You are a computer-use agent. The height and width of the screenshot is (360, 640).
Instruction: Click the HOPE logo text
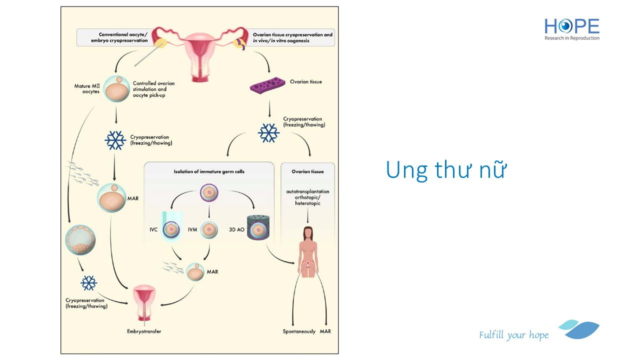click(x=571, y=26)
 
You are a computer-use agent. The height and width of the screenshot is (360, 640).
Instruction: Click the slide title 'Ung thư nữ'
click(x=446, y=170)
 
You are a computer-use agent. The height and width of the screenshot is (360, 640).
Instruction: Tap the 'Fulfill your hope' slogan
click(x=513, y=335)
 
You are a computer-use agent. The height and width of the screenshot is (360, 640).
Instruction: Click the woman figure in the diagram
click(x=307, y=250)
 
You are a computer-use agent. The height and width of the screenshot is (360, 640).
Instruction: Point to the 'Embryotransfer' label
click(x=144, y=331)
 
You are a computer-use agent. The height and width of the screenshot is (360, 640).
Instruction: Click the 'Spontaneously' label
click(x=299, y=331)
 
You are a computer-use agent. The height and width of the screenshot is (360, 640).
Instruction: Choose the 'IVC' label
click(x=153, y=229)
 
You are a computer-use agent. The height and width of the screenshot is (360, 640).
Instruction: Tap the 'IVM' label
click(x=192, y=229)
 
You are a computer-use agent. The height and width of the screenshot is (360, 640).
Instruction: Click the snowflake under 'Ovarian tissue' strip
click(x=268, y=132)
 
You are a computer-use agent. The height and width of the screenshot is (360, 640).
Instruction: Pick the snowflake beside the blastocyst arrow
click(x=89, y=283)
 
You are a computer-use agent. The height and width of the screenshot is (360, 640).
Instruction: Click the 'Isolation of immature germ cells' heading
click(x=209, y=171)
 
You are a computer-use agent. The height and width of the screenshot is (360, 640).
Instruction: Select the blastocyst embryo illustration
click(x=80, y=240)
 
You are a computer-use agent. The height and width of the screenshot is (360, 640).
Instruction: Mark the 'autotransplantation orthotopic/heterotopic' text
click(x=307, y=197)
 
